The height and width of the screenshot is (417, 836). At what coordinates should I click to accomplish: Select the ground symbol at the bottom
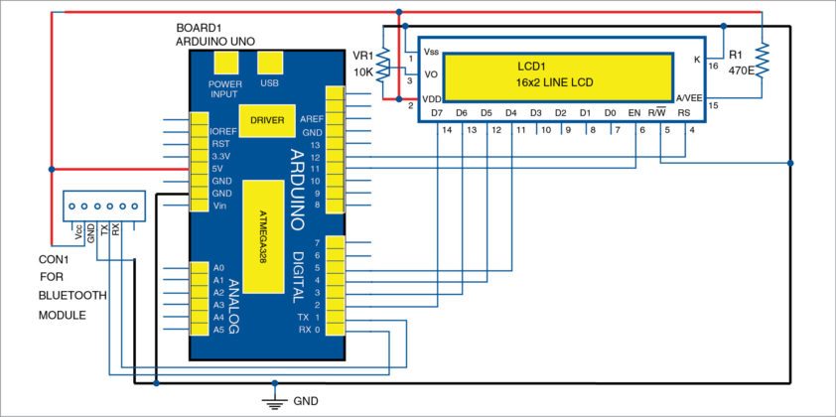point(270,401)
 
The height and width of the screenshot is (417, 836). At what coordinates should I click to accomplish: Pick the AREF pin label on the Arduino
point(312,118)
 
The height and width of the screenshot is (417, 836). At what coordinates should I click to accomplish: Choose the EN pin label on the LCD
point(634,113)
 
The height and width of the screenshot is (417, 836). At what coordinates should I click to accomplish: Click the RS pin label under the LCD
point(684,113)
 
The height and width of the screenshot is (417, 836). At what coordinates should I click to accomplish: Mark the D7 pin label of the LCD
point(437,113)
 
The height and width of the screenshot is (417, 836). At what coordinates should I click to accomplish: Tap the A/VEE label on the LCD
point(689,98)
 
